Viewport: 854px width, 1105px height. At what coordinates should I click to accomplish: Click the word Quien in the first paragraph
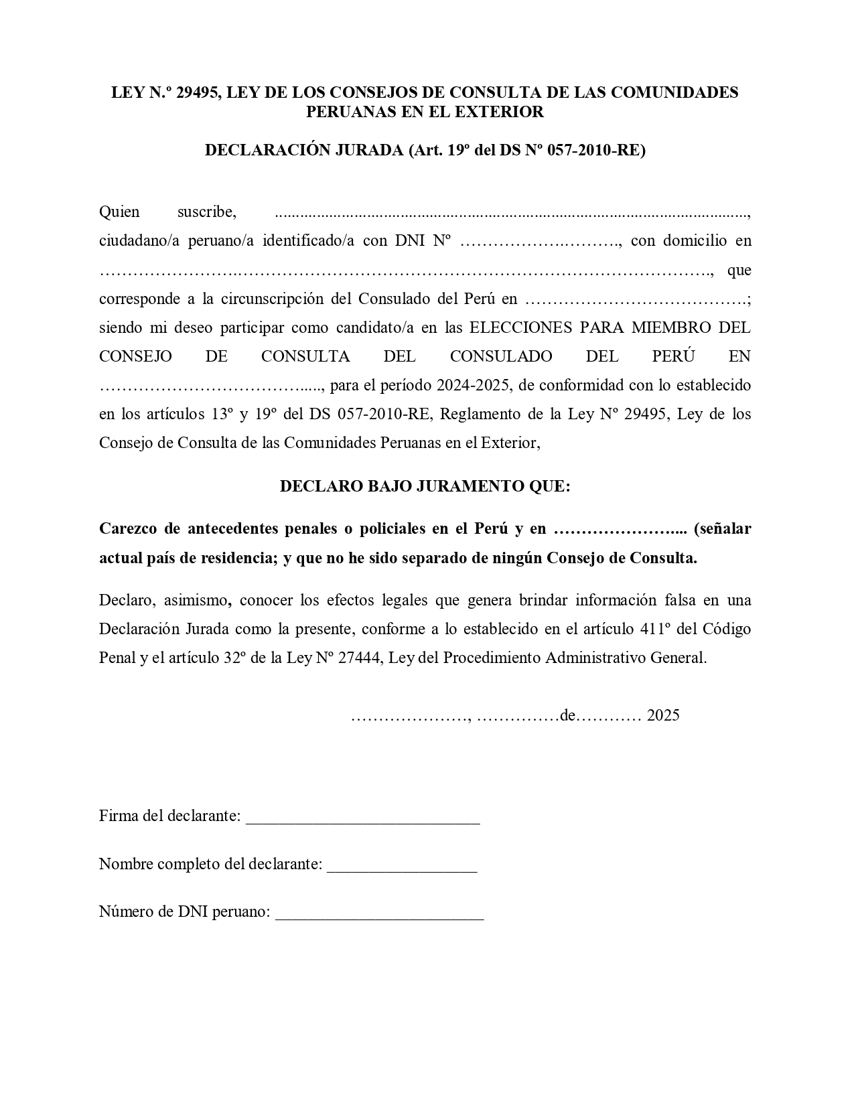(x=119, y=212)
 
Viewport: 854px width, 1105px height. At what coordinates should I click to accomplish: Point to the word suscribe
(x=206, y=212)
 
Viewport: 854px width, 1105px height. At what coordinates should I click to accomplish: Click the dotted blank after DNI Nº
(x=540, y=241)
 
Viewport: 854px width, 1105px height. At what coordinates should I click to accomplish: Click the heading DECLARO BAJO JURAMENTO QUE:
(x=425, y=486)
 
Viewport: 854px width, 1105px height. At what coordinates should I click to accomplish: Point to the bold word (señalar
(x=722, y=529)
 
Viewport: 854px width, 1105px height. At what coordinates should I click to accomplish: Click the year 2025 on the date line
(x=663, y=715)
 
